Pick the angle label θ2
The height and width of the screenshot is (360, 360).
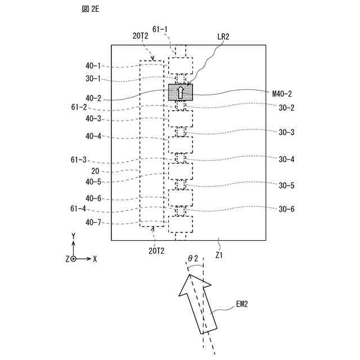(193, 258)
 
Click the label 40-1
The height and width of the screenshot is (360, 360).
(93, 66)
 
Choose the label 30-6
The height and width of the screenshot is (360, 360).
(286, 209)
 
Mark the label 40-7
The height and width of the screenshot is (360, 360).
(93, 222)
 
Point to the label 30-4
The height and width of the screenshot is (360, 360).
(286, 160)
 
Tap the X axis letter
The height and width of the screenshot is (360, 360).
(94, 259)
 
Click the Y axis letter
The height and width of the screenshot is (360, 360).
(73, 235)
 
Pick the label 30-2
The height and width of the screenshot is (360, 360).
(286, 107)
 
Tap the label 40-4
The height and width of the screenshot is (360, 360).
(93, 136)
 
